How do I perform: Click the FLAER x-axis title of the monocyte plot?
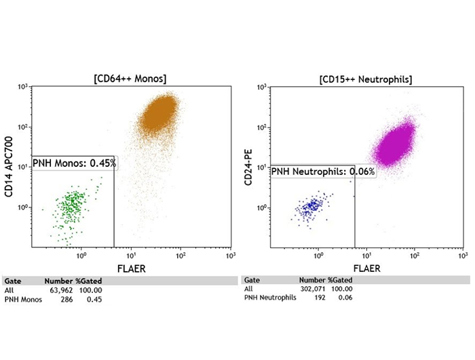[132, 269]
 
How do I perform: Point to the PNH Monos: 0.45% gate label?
[75, 163]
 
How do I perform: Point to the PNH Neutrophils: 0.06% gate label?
[323, 172]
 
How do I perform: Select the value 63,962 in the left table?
[56, 290]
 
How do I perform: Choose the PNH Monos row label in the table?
[23, 300]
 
